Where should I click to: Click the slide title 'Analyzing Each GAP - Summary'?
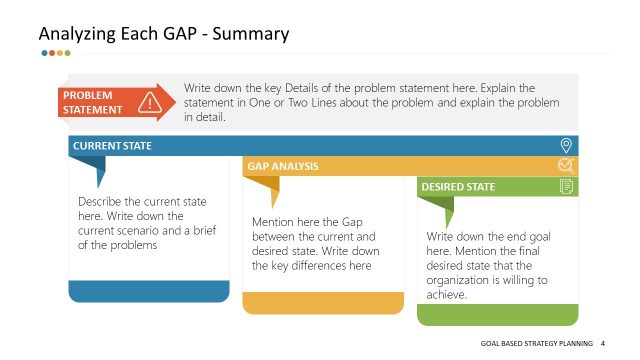click(164, 34)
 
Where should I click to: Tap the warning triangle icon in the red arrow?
click(150, 102)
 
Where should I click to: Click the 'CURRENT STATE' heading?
click(112, 146)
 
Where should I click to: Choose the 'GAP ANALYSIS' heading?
click(282, 166)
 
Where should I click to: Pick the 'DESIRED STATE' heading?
click(457, 186)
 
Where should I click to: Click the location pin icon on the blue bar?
click(566, 146)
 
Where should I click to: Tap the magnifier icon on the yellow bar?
click(566, 166)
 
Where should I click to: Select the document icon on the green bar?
click(566, 186)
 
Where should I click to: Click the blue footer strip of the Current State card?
click(149, 292)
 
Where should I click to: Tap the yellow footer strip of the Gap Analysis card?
click(323, 303)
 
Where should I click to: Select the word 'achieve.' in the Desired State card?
click(447, 295)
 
